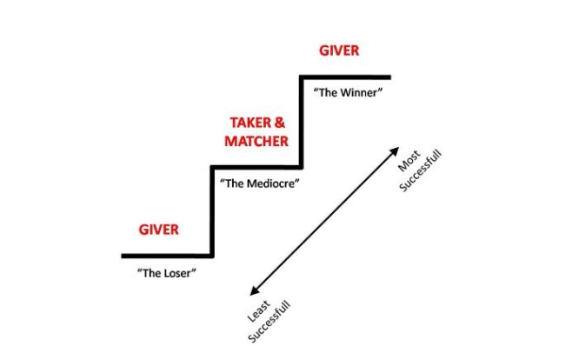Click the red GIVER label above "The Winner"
339,50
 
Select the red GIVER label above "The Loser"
158,230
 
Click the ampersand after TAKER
281,123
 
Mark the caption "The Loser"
167,273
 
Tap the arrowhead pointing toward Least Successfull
253,295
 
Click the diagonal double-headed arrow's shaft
323,222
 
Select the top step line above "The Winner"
345,77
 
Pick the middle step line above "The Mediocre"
256,166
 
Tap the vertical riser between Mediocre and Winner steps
302,122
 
